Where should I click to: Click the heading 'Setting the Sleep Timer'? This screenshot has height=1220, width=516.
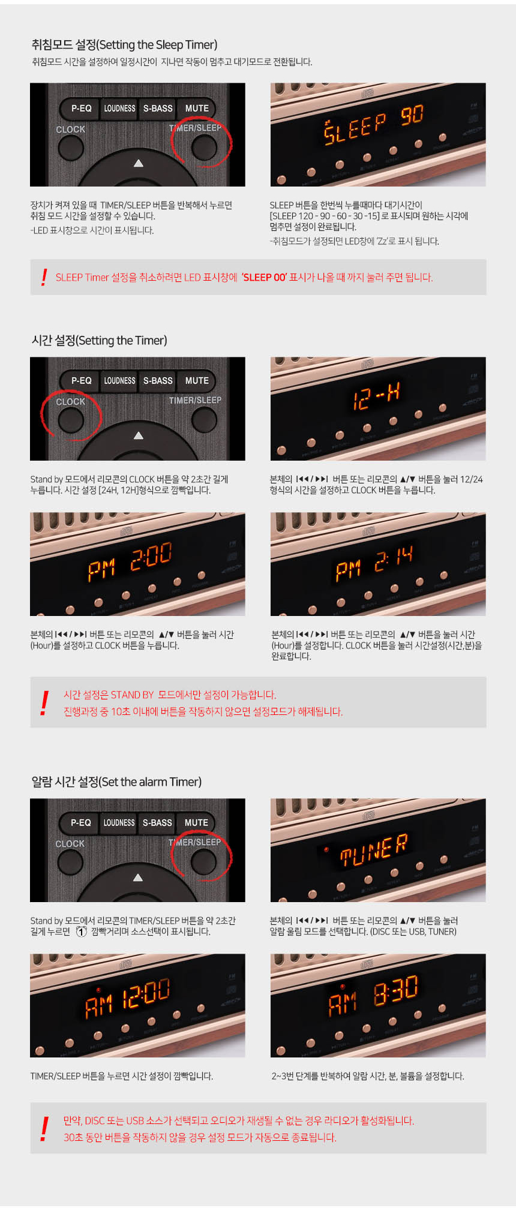[x=124, y=44]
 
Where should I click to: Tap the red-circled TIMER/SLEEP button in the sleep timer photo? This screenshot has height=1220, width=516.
[x=203, y=147]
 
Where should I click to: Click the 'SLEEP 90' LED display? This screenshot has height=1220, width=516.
[x=374, y=124]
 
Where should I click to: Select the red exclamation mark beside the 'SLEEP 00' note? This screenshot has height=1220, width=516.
[x=44, y=277]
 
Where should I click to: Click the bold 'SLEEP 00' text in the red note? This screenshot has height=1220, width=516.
[x=264, y=277]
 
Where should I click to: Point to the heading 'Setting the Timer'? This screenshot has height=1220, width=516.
[x=100, y=340]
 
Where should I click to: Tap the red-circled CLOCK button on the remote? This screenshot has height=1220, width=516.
[x=71, y=420]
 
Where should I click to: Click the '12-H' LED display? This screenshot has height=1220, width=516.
[x=376, y=396]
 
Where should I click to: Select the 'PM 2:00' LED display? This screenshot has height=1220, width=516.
[x=130, y=561]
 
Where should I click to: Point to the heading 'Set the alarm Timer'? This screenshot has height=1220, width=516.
[x=116, y=782]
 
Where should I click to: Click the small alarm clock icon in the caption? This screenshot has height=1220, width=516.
[x=81, y=931]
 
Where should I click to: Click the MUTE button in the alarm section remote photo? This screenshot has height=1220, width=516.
[x=196, y=822]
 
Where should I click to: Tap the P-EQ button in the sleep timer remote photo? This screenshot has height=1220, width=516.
[x=81, y=108]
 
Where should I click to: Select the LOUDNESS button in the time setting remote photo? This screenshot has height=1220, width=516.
[x=119, y=380]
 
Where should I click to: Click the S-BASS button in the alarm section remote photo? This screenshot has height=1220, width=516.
[x=157, y=822]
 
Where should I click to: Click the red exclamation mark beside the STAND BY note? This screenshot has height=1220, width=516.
[x=44, y=703]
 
